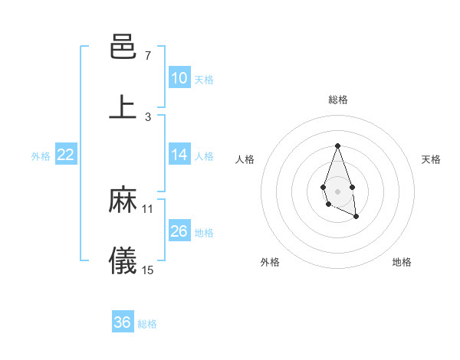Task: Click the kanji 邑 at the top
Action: (x=123, y=48)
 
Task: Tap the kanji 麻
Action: (x=123, y=200)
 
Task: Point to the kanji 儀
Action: (x=123, y=261)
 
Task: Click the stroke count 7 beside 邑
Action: (x=147, y=56)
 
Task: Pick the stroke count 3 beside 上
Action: (x=147, y=117)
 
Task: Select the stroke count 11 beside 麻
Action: (x=148, y=208)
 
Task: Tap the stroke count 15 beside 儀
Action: (x=148, y=270)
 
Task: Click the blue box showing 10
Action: (x=179, y=78)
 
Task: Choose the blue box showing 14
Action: (x=179, y=155)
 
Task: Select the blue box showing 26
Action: (x=179, y=231)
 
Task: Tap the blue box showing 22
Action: (x=66, y=155)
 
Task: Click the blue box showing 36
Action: (x=123, y=322)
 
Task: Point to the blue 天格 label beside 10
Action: (x=204, y=79)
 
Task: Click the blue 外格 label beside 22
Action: (x=41, y=155)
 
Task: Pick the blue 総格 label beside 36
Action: (x=147, y=323)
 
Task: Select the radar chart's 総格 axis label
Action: (x=337, y=100)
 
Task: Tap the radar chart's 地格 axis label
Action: (x=402, y=262)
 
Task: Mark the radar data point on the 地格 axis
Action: (x=356, y=217)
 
